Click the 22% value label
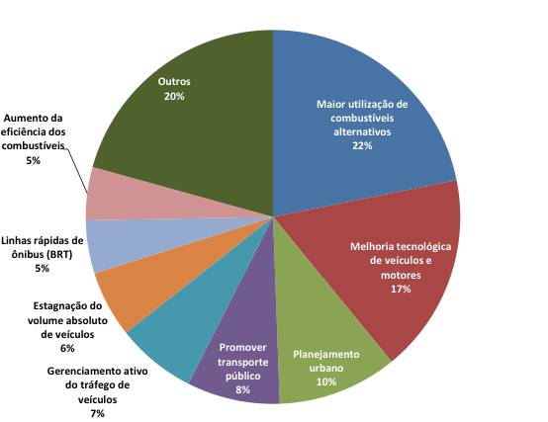[362, 146]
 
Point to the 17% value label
[401, 290]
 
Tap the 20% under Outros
[174, 96]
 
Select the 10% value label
[326, 382]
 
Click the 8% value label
[242, 390]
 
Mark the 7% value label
[98, 414]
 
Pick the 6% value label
[67, 348]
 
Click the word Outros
[174, 82]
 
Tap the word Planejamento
[326, 355]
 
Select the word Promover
[242, 348]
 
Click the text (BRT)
[59, 254]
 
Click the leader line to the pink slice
[76, 171]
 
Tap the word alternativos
[362, 132]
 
